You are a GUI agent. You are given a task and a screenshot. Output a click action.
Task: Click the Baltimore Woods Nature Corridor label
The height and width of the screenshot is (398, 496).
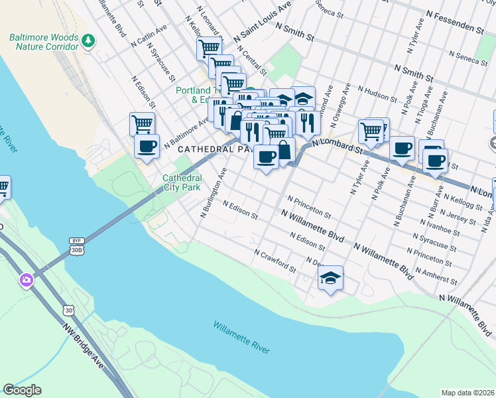click(x=43, y=42)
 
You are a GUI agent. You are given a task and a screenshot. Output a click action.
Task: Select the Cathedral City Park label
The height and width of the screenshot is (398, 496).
click(x=182, y=182)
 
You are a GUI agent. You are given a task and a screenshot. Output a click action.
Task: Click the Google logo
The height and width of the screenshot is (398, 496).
click(x=22, y=390)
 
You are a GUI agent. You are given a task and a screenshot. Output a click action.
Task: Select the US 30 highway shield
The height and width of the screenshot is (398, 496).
click(x=68, y=310)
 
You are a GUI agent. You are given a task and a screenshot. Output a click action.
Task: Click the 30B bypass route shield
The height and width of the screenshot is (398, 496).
click(x=75, y=246)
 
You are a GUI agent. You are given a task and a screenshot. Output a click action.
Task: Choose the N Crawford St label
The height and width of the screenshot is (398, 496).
click(x=275, y=260)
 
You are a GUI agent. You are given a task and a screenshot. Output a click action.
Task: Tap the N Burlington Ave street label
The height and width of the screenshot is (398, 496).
click(x=214, y=192)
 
